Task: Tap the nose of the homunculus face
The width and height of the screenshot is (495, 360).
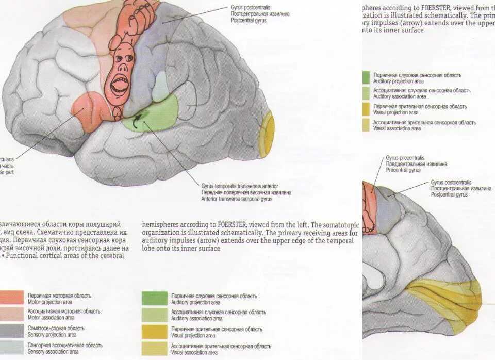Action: pyautogui.click(x=122, y=67)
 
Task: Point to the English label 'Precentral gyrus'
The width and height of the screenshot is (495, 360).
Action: pyautogui.click(x=404, y=170)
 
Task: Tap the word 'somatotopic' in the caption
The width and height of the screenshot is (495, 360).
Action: pyautogui.click(x=343, y=225)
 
